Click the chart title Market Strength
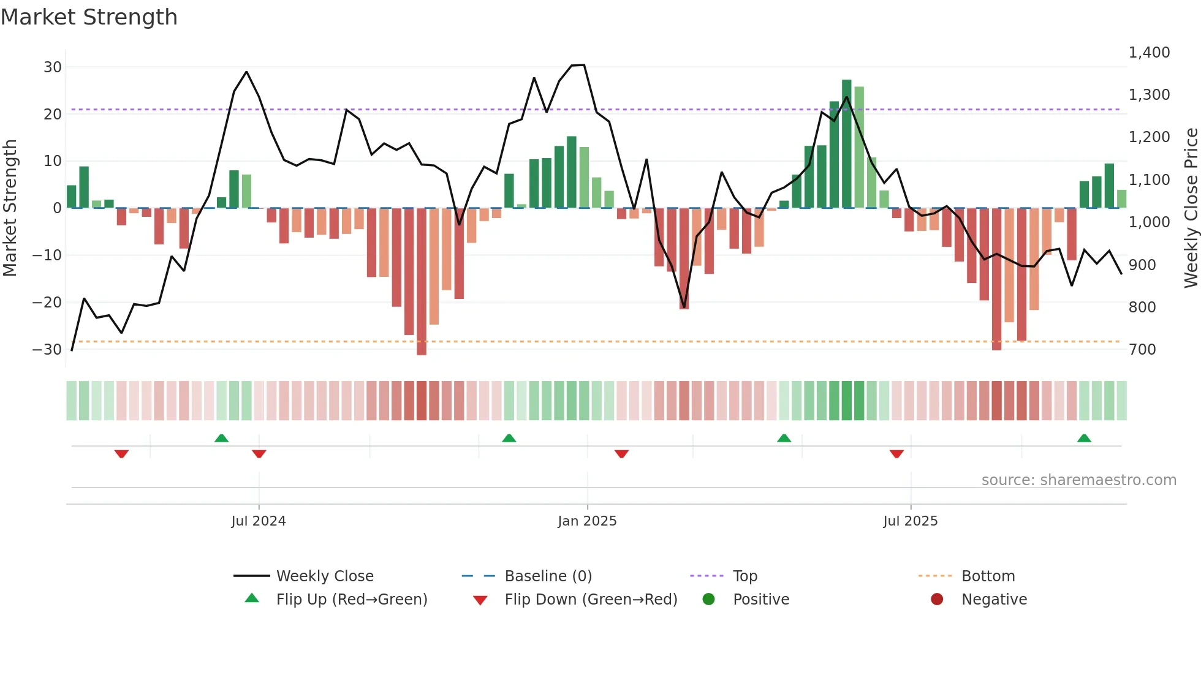89,17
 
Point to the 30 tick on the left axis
53,67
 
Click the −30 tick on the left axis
47,350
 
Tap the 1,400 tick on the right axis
1149,53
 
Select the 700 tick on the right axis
1142,350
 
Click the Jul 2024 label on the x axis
259,521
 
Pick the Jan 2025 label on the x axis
587,521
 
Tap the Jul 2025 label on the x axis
911,521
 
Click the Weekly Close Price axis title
1191,208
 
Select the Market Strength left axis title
10,208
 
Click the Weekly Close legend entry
324,576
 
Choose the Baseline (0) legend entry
548,576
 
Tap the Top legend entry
745,576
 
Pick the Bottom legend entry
988,576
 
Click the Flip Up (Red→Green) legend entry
351,600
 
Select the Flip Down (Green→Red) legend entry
591,600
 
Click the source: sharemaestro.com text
1078,480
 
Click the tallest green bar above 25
847,144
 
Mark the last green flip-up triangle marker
1084,439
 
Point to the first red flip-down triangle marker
121,454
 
